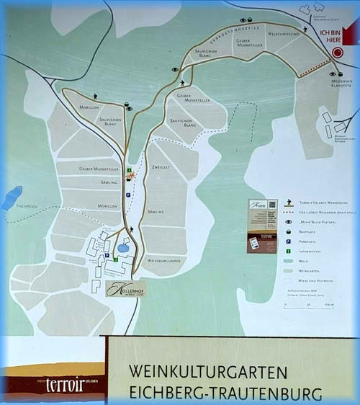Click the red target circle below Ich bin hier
[x=338, y=53]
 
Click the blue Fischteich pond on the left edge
[x=12, y=197]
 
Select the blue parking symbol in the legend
[x=289, y=242]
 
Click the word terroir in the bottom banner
[x=65, y=383]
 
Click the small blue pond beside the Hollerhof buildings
[x=123, y=248]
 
